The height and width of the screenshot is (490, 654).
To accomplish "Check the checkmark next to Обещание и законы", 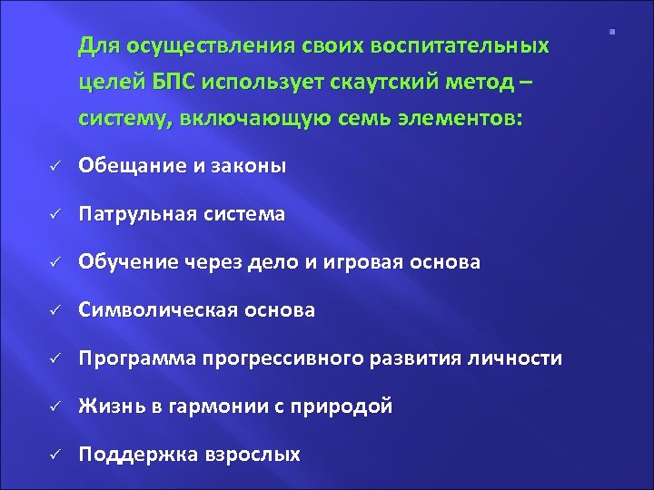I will pos(54,166).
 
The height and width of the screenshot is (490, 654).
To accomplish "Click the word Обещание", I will pos(132,165).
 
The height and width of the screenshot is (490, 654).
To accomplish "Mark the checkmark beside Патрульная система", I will pos(54,214).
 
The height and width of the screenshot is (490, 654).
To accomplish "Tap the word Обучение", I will pos(129,262).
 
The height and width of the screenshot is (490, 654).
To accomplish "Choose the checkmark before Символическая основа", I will pos(54,311).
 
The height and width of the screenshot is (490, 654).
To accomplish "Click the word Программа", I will pos(134,358).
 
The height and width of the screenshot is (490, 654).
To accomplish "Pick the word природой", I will pos(349,407).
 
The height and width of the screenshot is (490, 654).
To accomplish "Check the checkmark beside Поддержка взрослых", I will pos(54,456).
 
